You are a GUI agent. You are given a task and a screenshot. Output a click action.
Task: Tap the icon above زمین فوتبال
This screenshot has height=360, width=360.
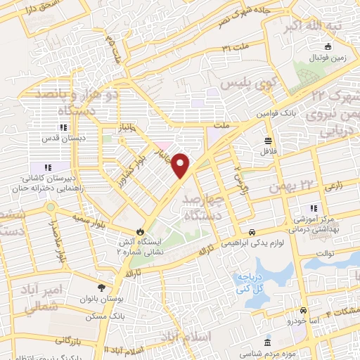pos(318,48)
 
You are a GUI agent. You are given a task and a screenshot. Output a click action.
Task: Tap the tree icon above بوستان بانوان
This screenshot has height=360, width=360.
pos(103,287)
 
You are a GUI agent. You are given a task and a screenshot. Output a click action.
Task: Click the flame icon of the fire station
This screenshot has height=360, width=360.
pos(141,230)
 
